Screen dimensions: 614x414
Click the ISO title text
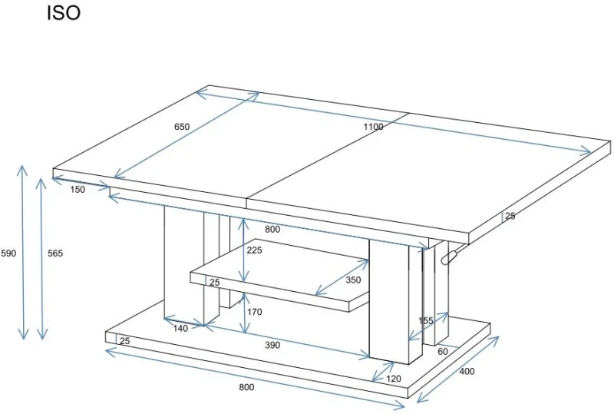point(64,12)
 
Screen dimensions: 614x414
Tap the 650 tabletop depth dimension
point(182,127)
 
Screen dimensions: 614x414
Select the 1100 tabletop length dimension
point(373,127)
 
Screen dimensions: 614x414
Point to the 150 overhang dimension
point(78,190)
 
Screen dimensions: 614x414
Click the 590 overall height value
point(8,253)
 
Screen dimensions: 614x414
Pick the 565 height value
point(55,253)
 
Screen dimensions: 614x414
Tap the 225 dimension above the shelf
point(255,250)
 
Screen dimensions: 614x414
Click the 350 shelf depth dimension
point(353,280)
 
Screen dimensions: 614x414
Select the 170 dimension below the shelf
point(255,312)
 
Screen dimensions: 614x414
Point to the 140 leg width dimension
point(180,329)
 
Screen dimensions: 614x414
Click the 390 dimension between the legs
point(272,345)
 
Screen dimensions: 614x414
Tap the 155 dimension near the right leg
point(426,321)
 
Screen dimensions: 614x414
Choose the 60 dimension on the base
point(443,352)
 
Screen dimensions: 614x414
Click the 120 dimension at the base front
point(394,379)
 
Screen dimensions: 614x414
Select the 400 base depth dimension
point(467,371)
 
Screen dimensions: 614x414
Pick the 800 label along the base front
point(246,387)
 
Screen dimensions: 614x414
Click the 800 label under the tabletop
point(272,230)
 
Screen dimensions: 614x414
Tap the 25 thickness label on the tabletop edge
point(510,216)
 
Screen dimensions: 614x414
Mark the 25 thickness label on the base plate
point(124,341)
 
